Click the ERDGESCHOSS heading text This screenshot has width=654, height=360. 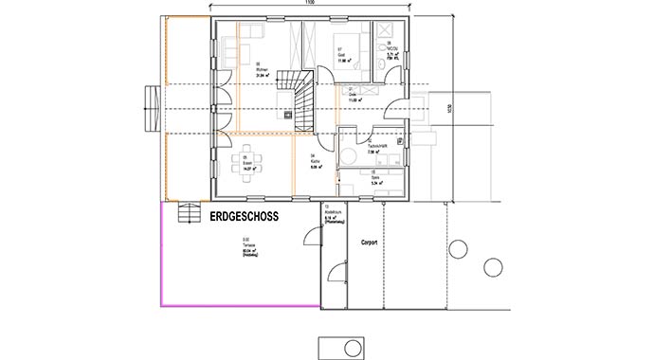click(x=242, y=216)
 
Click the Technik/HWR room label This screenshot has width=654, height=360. click(x=391, y=149)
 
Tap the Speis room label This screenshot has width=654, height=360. click(x=390, y=176)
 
